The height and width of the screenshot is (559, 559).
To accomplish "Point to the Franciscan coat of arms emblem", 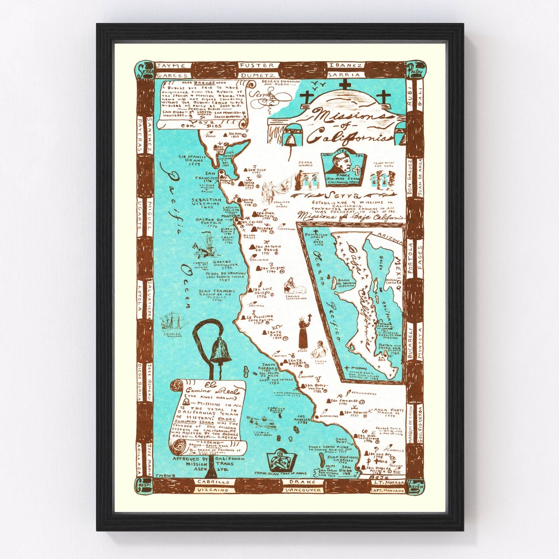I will pyautogui.click(x=282, y=460).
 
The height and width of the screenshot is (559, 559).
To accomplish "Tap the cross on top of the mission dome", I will pyautogui.click(x=345, y=84).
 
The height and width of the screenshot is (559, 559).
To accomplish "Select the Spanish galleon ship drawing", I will pyautogui.click(x=172, y=322).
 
